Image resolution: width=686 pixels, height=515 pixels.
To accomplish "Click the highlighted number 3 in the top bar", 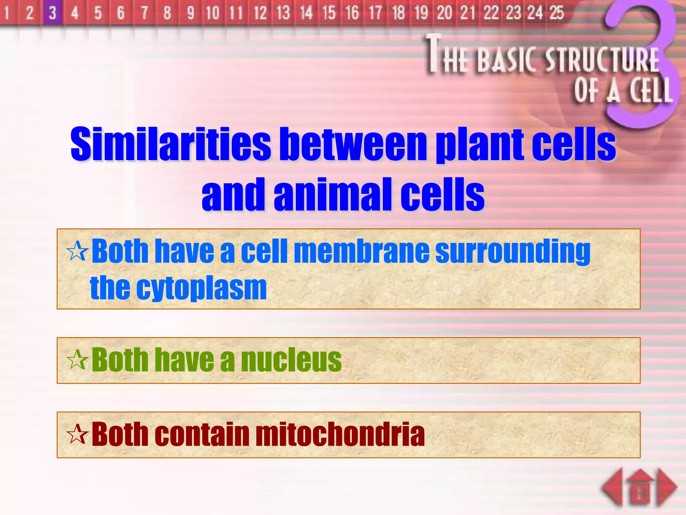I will (x=52, y=13).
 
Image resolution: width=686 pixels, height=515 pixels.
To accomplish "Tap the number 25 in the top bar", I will (x=557, y=13).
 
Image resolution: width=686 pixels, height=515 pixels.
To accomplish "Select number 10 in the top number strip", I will (x=212, y=13).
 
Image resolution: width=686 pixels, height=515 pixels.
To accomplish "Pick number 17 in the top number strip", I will (x=375, y=13).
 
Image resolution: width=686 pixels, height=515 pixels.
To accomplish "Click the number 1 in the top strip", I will (x=7, y=13).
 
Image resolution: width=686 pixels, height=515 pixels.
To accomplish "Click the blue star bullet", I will (x=77, y=251).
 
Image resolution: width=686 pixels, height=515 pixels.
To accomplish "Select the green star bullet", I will (x=77, y=360).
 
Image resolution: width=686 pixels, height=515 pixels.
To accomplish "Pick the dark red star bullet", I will (x=77, y=435).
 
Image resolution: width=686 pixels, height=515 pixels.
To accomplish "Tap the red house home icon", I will (x=640, y=488).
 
